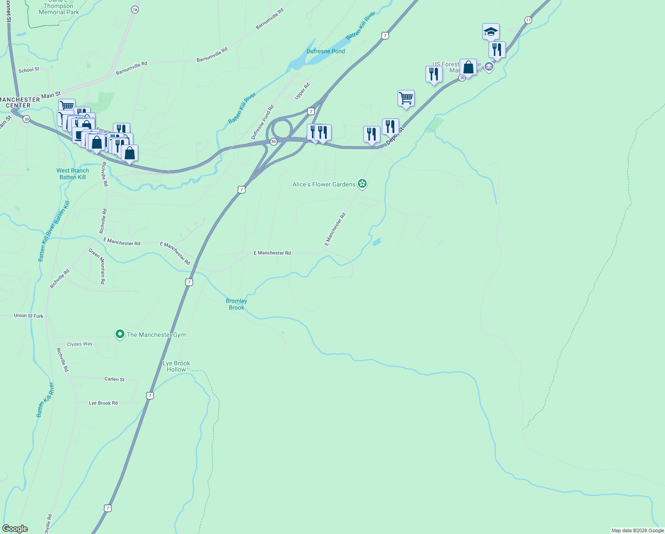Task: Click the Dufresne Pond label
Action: tap(325, 51)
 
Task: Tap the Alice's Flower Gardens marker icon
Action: tap(362, 184)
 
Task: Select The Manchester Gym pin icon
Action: tap(120, 334)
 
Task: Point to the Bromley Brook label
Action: tap(236, 304)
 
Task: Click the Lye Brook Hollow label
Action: tap(176, 366)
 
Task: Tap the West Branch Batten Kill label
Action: tap(72, 174)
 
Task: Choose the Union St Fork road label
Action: tap(29, 316)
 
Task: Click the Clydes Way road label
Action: tap(80, 344)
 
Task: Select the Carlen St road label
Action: tap(114, 379)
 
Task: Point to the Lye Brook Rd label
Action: tap(103, 403)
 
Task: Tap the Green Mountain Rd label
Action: tap(97, 266)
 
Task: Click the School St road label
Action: tap(29, 70)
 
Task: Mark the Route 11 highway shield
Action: tap(528, 20)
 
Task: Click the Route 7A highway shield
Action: tap(135, 9)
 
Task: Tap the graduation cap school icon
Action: tap(491, 32)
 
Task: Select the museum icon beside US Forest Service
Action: tap(489, 67)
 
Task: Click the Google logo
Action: tap(15, 529)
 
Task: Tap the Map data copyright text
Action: tap(637, 530)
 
